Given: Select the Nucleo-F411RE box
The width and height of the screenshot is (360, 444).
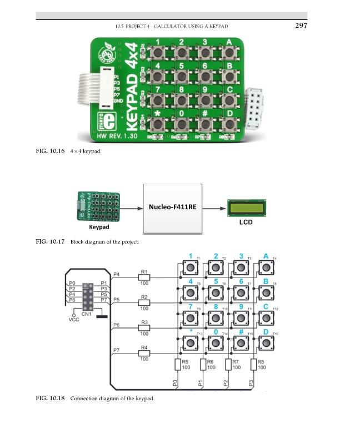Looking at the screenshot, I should point(172,208).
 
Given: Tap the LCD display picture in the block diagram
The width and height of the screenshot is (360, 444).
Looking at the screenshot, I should point(246,208).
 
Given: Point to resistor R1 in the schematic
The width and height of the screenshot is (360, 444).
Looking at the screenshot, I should point(144,277).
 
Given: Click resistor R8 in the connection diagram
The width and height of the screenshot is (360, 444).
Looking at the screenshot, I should point(253,365).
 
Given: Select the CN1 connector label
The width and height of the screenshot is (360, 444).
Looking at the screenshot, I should point(86,314).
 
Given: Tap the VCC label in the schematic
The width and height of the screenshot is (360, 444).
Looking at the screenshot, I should point(73,320).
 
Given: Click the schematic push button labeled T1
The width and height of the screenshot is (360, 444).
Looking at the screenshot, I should point(191,268).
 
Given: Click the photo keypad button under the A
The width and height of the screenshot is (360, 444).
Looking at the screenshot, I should point(229,53).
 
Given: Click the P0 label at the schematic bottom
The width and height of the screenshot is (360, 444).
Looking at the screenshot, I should point(175,383).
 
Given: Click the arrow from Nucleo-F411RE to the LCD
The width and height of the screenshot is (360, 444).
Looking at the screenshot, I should point(214,209).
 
